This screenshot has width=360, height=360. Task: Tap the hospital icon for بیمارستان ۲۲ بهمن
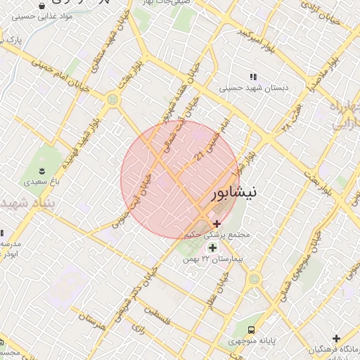(212, 247)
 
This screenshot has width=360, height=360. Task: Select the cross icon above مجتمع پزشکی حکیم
(217, 223)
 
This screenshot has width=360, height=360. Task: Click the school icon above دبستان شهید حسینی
(253, 77)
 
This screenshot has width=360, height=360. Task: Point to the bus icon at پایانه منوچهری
(252, 330)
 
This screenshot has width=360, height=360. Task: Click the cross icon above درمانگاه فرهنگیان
(336, 338)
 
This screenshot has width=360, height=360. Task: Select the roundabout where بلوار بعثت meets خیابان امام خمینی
(112, 100)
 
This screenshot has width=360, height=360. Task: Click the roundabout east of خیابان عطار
(254, 279)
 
